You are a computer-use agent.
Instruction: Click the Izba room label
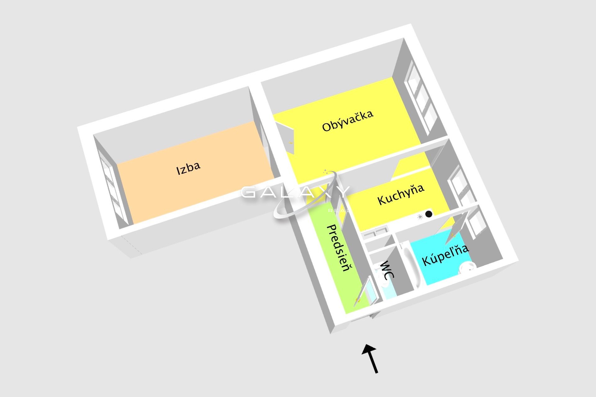188,168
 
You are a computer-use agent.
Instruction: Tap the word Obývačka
348,121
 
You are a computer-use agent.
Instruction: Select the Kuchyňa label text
401,194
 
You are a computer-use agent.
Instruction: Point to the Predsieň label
340,248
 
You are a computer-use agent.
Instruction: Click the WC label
387,270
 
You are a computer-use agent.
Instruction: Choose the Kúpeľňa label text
445,255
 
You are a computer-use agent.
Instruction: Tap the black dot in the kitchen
429,214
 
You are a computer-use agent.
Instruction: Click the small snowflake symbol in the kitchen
420,217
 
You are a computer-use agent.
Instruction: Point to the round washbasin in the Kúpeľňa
467,267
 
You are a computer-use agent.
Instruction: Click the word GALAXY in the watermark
295,192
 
